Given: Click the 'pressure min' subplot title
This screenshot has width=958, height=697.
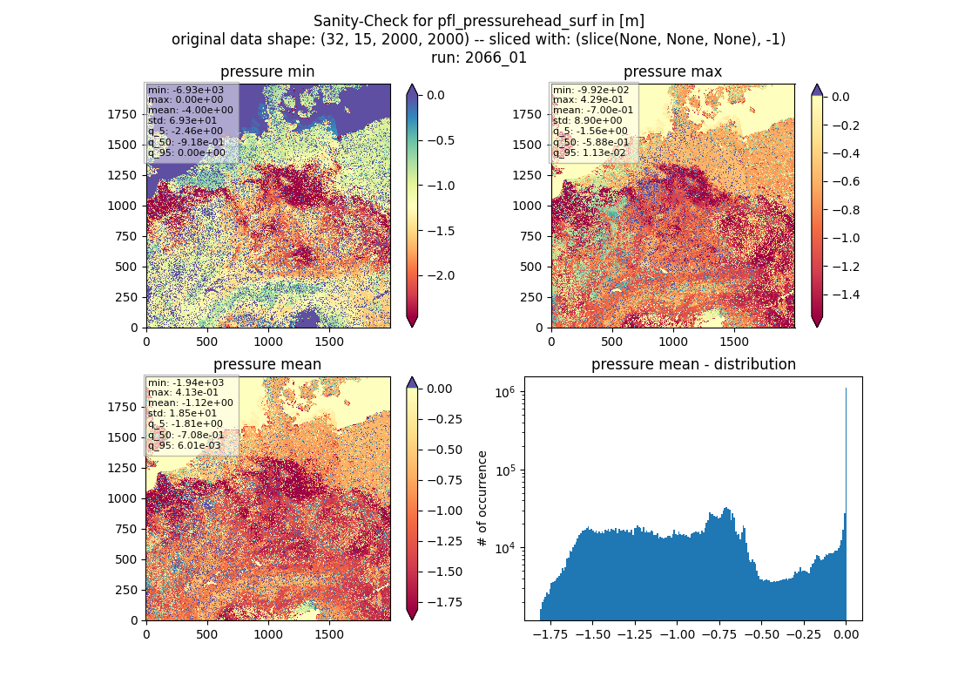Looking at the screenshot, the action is click(x=267, y=71).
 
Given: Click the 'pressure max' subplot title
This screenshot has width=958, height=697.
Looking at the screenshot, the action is click(x=672, y=71).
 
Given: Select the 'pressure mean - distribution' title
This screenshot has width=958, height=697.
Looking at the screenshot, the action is click(x=693, y=364).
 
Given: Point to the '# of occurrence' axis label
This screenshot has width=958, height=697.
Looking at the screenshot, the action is click(x=482, y=499).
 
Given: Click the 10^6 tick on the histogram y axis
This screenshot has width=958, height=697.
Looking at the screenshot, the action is click(x=507, y=392).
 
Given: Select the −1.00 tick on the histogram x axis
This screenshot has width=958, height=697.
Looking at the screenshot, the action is click(x=678, y=634).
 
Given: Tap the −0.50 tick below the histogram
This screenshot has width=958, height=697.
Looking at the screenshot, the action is click(x=763, y=634).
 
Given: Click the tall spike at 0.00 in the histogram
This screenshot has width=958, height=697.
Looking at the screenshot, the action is click(x=847, y=504).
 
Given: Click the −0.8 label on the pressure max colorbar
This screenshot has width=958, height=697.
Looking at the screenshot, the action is click(x=844, y=210).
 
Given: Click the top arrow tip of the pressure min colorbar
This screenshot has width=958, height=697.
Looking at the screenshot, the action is click(x=412, y=85).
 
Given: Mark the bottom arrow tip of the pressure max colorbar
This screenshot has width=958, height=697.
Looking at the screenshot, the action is click(x=817, y=327).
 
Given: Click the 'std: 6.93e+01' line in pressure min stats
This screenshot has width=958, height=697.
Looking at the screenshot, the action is click(x=182, y=120).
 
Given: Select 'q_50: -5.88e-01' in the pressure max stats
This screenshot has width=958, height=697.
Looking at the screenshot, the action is click(x=590, y=142).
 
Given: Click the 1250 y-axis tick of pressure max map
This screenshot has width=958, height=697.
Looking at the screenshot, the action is click(x=527, y=175).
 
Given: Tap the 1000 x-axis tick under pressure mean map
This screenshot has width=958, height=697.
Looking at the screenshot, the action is click(x=268, y=634).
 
